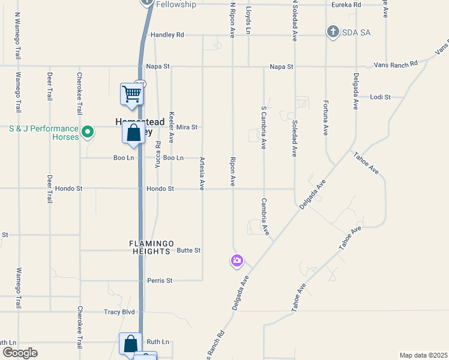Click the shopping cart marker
pos(131,94)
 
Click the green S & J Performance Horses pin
pos(88,131)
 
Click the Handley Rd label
pos(167,35)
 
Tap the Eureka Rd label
pos(346,5)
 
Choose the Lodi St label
pos(381,97)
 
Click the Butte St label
pos(188,250)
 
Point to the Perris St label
pos(160,280)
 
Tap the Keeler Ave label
pos(172,125)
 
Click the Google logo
pos(20,353)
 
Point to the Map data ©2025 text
pos(423,355)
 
